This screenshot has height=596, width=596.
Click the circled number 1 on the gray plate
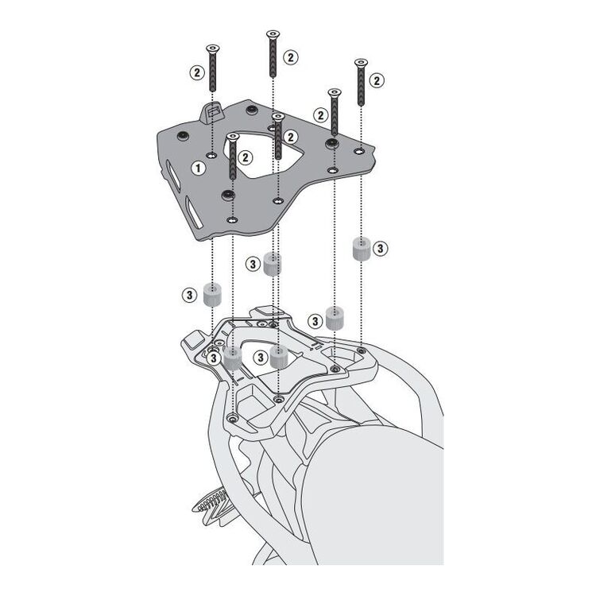point(198,168)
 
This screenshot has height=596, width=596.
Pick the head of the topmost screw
point(273,34)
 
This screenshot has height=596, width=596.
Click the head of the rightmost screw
point(361,62)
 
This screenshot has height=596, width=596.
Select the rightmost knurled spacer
point(362,249)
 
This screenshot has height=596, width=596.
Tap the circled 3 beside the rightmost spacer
point(380,249)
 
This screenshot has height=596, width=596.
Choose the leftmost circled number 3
point(190,295)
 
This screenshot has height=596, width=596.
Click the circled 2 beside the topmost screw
point(291,57)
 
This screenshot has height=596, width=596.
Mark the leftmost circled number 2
point(197,72)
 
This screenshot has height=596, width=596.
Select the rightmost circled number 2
point(377,80)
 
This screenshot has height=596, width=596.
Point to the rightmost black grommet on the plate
point(333,143)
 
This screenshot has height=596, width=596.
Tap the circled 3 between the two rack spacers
point(261,358)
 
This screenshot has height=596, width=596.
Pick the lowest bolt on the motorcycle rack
point(231,418)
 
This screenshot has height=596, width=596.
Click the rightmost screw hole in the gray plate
point(359,151)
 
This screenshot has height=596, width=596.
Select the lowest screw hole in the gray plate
point(231,219)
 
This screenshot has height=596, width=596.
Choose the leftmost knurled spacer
point(212,295)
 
